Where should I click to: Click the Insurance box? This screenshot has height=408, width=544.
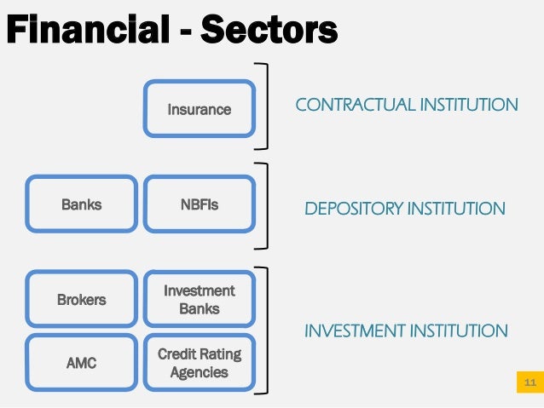click(x=199, y=109)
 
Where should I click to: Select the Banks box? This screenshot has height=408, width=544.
click(x=82, y=204)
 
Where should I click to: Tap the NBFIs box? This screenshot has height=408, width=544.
click(x=199, y=204)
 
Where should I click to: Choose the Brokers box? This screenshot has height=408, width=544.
click(x=82, y=300)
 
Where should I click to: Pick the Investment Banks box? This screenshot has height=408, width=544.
click(x=199, y=300)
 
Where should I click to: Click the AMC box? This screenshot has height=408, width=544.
click(x=82, y=363)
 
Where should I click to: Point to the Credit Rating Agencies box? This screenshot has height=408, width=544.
click(x=199, y=363)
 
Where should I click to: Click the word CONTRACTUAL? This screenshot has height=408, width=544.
click(x=346, y=105)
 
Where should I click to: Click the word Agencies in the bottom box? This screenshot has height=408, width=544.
click(x=199, y=372)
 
